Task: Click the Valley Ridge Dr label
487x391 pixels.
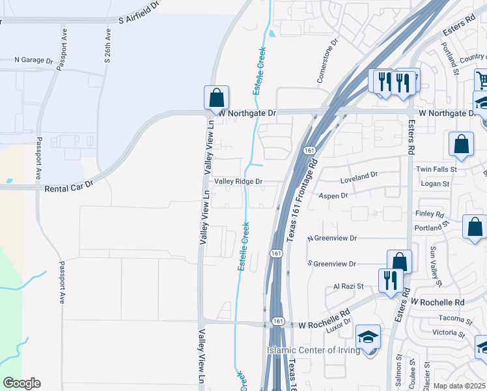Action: pos(238,182)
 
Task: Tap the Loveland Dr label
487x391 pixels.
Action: pos(359,175)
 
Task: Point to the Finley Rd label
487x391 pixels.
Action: pos(429,214)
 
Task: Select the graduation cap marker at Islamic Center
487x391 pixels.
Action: pos(368,338)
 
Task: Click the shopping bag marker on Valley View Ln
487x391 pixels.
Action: pos(216,98)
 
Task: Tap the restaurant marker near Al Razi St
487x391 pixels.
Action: pos(390,280)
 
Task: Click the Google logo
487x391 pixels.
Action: pos(21,383)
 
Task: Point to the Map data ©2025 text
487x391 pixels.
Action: pos(459,386)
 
